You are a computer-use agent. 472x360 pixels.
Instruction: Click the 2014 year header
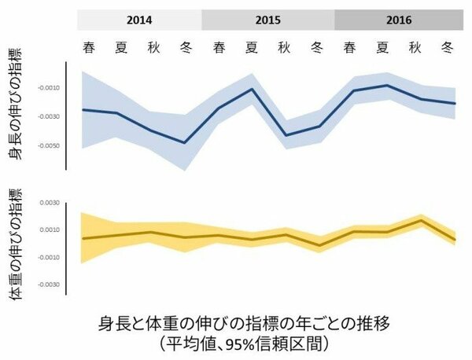[x=139, y=20]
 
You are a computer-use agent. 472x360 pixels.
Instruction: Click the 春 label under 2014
[x=90, y=46]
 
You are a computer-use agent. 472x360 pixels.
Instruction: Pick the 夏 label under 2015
[x=252, y=46]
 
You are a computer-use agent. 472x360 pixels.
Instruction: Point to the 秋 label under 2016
[x=415, y=46]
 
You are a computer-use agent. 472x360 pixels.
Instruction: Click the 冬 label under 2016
[x=447, y=46]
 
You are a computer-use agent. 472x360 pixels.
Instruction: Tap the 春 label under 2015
[x=219, y=46]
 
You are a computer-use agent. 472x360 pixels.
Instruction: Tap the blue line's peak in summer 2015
[x=252, y=89]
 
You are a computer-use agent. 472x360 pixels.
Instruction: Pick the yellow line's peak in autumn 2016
[x=422, y=220]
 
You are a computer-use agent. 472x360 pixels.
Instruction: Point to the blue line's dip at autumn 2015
[x=285, y=135]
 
